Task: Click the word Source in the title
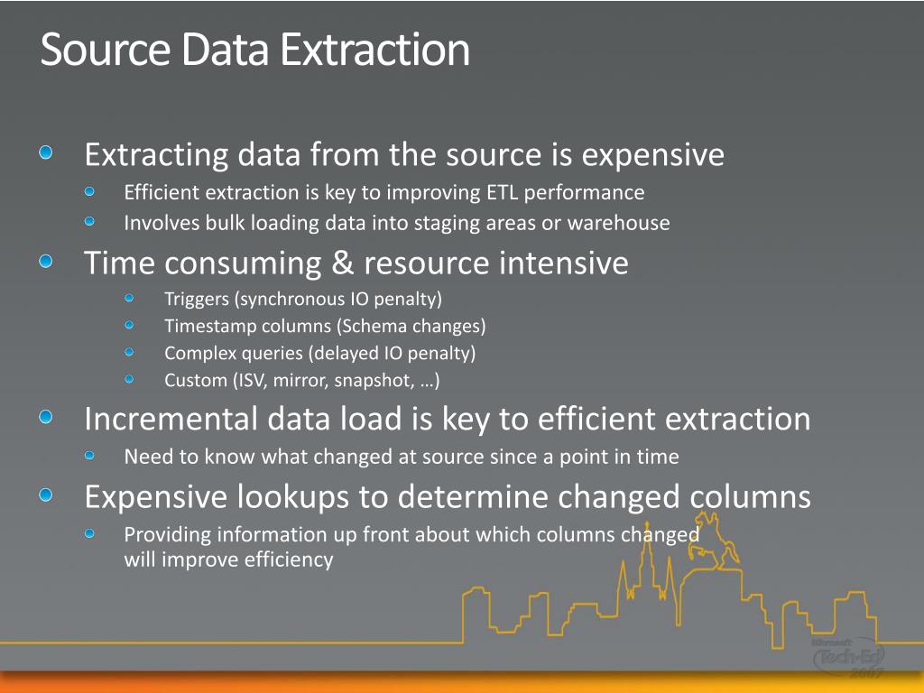coord(106,50)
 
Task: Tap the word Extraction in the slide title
coord(374,50)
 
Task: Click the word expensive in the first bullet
coord(653,156)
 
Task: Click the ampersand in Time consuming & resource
coord(342,263)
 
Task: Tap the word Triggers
coord(196,300)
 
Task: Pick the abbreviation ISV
coord(253,380)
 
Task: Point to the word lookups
coord(293,497)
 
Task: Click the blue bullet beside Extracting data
coord(46,152)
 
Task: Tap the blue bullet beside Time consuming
coord(46,261)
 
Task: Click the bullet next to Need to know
coord(89,455)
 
